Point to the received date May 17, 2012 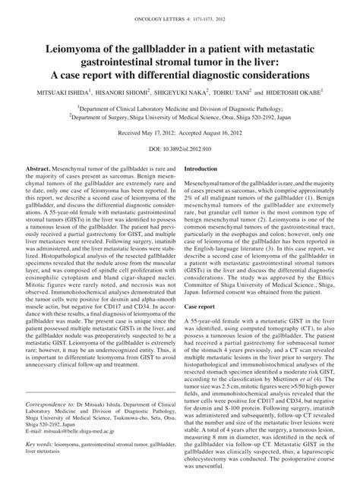point(155,132)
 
